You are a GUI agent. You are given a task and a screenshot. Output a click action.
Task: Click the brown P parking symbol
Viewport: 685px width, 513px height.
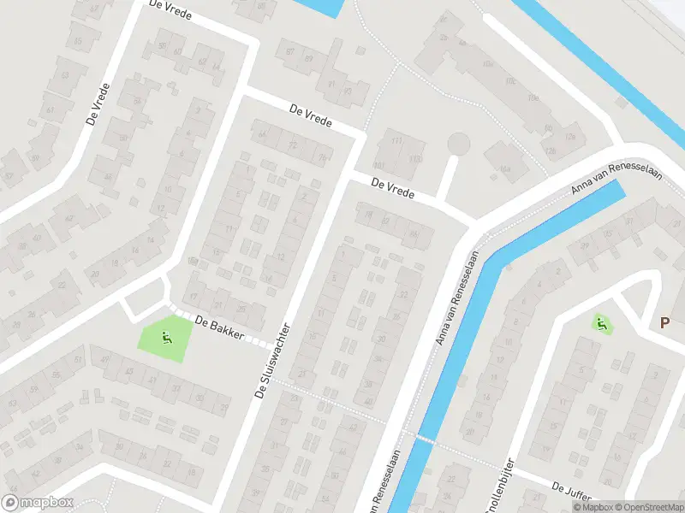tap(664, 323)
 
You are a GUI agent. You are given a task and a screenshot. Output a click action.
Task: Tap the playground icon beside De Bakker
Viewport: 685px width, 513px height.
tap(166, 337)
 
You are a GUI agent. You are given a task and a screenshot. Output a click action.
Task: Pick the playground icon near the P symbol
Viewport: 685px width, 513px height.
tap(601, 323)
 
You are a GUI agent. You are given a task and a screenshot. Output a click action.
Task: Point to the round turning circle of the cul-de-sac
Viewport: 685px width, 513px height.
tap(460, 143)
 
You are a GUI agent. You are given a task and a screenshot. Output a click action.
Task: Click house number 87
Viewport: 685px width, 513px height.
tap(289, 53)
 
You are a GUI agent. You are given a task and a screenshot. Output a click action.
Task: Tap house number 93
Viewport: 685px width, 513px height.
tap(347, 91)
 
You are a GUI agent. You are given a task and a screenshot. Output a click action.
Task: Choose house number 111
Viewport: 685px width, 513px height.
tap(395, 141)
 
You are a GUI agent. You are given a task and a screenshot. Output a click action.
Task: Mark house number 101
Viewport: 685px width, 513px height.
tap(379, 164)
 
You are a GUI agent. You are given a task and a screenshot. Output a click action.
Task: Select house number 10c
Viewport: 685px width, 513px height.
tap(510, 82)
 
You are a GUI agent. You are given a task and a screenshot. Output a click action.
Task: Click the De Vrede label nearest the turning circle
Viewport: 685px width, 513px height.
tap(393, 187)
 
